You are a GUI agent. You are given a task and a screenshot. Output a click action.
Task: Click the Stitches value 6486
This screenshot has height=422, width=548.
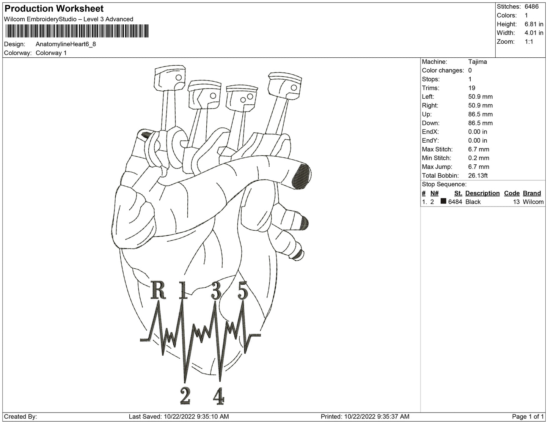531,6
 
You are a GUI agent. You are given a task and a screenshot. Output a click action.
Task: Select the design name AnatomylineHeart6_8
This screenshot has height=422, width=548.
66,44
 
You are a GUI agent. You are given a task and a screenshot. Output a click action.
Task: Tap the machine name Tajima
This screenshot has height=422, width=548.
477,61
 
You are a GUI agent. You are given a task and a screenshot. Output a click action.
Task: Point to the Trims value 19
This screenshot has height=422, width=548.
473,88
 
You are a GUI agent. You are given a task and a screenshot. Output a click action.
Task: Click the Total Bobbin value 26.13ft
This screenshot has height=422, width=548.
478,175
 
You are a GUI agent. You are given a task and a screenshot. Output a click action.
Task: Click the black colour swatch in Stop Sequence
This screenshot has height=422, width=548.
443,202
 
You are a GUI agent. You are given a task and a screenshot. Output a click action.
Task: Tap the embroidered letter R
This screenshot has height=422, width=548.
158,290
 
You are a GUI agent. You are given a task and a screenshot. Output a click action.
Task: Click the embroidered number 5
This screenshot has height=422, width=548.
243,291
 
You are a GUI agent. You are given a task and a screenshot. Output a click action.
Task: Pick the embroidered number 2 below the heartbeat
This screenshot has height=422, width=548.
185,397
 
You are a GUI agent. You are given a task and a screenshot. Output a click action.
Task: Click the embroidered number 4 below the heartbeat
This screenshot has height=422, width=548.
218,397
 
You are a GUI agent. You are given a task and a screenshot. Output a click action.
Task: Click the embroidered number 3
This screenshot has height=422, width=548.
216,291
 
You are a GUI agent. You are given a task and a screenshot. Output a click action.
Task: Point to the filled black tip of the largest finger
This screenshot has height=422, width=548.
302,175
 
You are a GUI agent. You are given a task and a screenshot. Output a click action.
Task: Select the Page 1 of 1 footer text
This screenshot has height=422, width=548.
528,416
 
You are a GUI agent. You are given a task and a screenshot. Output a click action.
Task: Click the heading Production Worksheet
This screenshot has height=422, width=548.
54,9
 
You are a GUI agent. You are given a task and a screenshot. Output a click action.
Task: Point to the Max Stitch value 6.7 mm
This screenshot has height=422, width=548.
479,149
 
